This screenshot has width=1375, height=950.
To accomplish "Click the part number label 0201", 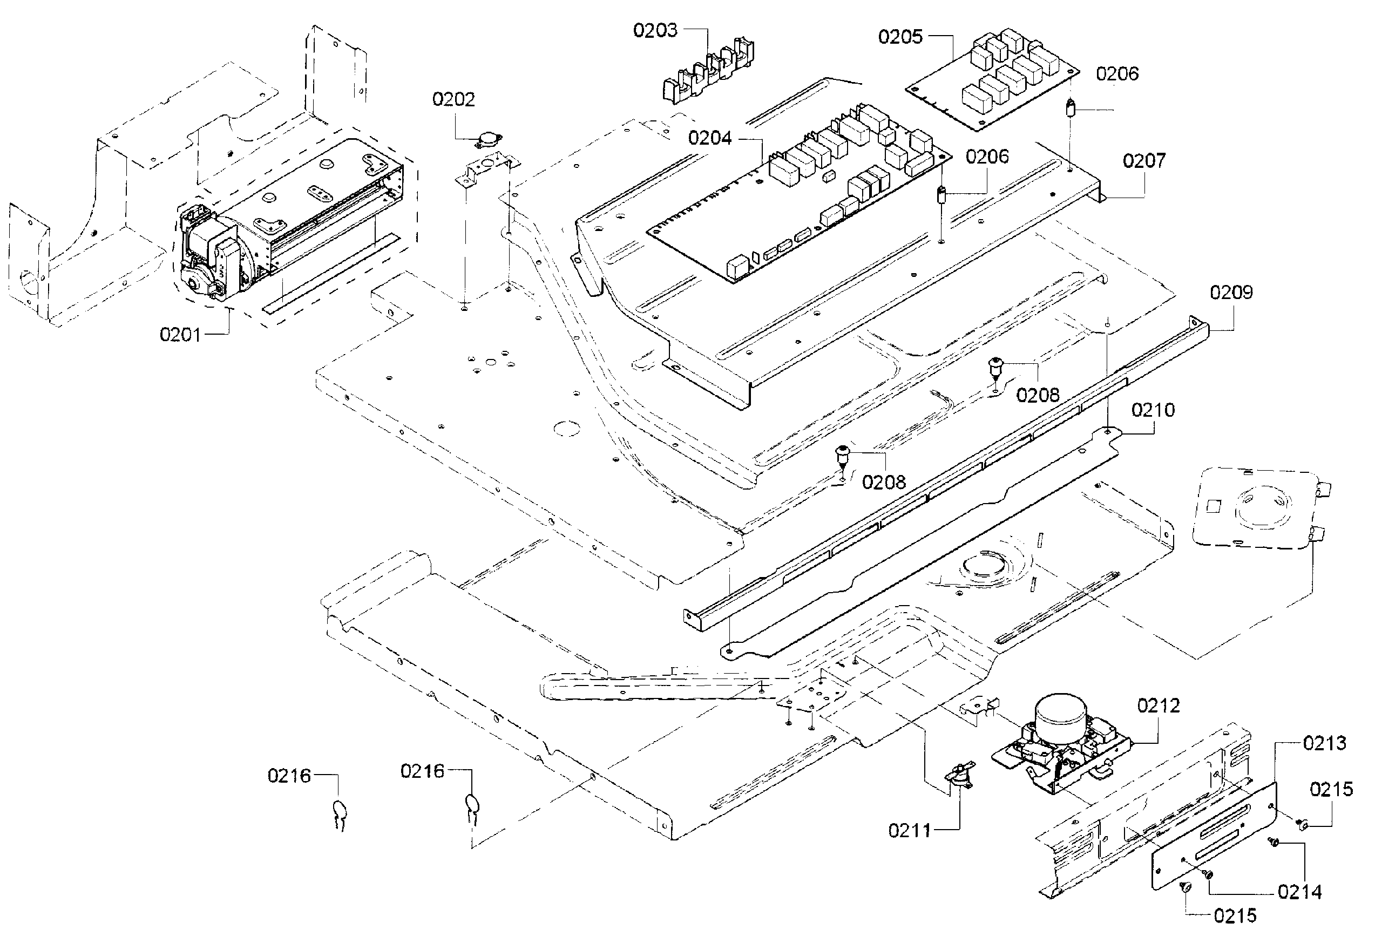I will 180,335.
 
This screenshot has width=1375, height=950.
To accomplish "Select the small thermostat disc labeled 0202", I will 489,141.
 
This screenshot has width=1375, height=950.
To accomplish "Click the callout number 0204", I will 709,139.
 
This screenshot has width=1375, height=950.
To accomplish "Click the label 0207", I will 1144,161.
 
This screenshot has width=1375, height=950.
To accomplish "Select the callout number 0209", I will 1231,292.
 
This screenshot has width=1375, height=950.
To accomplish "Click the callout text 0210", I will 1153,410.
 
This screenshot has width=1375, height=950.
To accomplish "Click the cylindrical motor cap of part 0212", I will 1061,713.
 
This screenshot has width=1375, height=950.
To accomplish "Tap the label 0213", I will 1324,743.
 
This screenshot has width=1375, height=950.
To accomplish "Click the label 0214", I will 1299,892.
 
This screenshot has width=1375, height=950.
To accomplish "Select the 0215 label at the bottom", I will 1235,916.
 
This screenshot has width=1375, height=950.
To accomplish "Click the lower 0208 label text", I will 884,482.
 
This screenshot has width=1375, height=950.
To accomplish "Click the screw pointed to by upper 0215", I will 1302,824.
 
